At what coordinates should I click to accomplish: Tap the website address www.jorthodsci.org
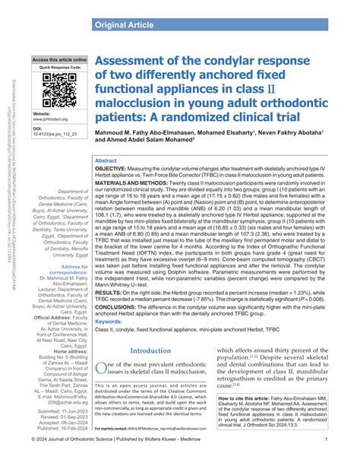point(55,119)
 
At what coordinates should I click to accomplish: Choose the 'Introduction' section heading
point(151,350)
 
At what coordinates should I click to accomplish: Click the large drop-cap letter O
point(99,369)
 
